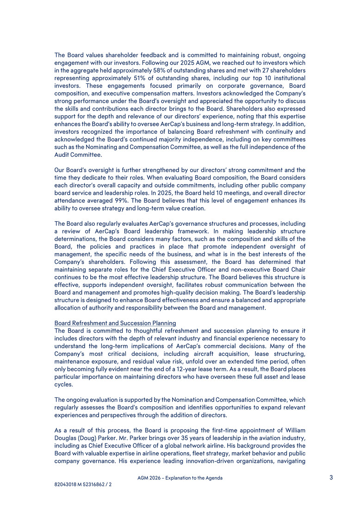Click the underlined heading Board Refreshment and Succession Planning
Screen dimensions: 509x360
pyautogui.click(x=115, y=323)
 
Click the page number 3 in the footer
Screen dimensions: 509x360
pyautogui.click(x=331, y=478)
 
